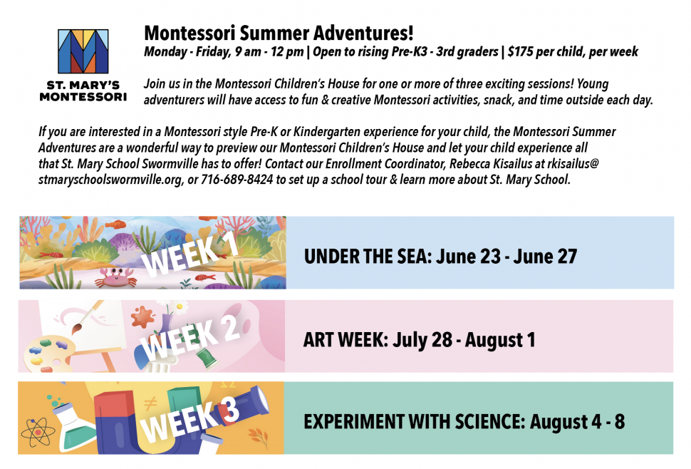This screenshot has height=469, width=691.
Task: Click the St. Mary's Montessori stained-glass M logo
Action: click(83, 51)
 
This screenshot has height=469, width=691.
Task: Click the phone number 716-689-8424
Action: click(237, 180)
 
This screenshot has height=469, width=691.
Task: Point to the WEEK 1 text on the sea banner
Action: click(190, 256)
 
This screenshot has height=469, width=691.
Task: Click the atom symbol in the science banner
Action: click(38, 432)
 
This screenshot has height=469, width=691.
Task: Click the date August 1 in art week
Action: click(500, 340)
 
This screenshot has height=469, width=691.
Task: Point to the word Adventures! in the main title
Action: click(363, 33)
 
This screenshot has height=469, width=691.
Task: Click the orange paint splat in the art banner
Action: click(142, 317)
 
